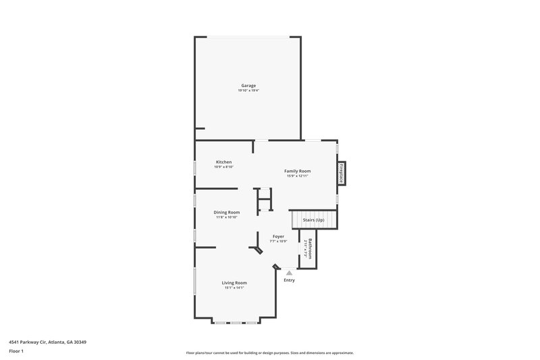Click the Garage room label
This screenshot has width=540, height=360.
pos(248,85)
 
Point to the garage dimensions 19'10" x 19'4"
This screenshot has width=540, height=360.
pos(248,91)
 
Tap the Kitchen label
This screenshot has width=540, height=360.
pos(223,162)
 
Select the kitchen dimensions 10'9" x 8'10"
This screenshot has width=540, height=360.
pos(223,167)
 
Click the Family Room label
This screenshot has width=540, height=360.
pos(297,171)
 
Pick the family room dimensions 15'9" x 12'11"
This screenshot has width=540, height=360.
pos(297,176)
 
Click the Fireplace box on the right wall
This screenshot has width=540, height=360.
pos(342,173)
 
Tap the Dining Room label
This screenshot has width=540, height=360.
pos(227,212)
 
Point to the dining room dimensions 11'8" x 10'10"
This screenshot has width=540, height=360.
pos(227,217)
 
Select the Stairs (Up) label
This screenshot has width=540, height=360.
pos(313,220)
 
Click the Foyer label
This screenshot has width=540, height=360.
pos(278,236)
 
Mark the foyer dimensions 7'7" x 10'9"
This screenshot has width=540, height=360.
pos(278,241)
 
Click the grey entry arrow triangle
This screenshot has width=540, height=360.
pos(289,272)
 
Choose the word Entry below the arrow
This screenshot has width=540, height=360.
pos(289,280)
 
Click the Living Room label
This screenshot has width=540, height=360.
pos(234,282)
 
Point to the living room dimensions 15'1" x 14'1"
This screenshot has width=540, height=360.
pos(234,288)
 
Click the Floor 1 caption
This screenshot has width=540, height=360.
pos(16,352)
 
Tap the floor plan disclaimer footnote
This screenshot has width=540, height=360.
pos(269,353)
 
